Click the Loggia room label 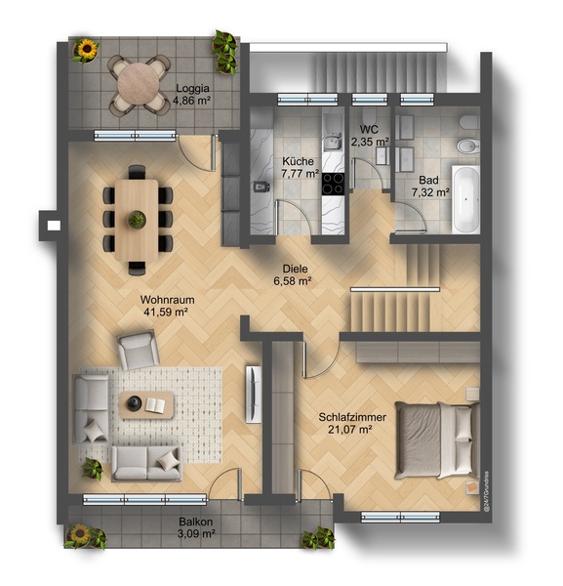[192, 89]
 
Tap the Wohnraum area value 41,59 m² [166, 313]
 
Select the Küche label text [298, 161]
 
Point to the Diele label [295, 269]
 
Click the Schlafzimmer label [352, 417]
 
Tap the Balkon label [195, 522]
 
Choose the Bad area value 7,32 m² [430, 192]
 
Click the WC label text [369, 129]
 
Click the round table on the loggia [139, 84]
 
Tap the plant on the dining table [137, 220]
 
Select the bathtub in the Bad [465, 199]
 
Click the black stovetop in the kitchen [333, 184]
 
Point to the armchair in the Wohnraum [139, 350]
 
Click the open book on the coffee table [155, 405]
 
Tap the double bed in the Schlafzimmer [437, 440]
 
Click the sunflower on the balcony [80, 533]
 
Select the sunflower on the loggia [88, 49]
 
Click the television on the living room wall [254, 395]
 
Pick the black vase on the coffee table [134, 402]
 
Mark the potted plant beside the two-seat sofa [93, 469]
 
